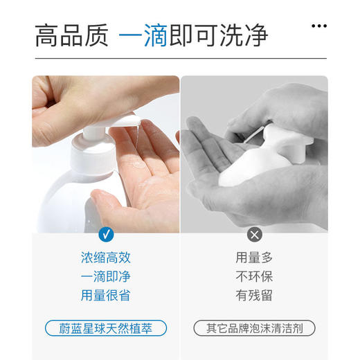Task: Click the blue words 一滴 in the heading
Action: [143, 35]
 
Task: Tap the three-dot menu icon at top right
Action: [318, 26]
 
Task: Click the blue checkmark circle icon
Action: [106, 234]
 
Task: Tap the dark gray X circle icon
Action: [254, 234]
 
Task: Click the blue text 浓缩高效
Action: [105, 258]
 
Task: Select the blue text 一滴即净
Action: [105, 277]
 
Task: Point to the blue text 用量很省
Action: [105, 296]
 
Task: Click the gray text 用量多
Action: [254, 258]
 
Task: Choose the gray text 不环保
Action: [254, 277]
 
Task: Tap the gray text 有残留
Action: [254, 296]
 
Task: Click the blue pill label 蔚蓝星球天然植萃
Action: [105, 328]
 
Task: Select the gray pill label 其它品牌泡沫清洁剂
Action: [254, 328]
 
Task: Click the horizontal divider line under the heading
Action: [180, 59]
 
